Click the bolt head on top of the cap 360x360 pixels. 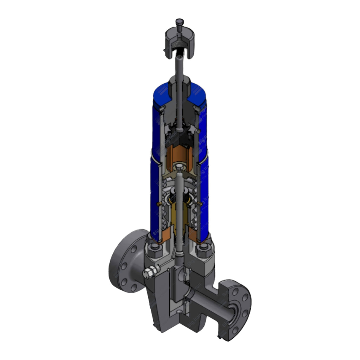click(179, 22)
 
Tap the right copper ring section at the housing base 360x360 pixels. click(193, 235)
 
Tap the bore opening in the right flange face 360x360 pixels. click(232, 313)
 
